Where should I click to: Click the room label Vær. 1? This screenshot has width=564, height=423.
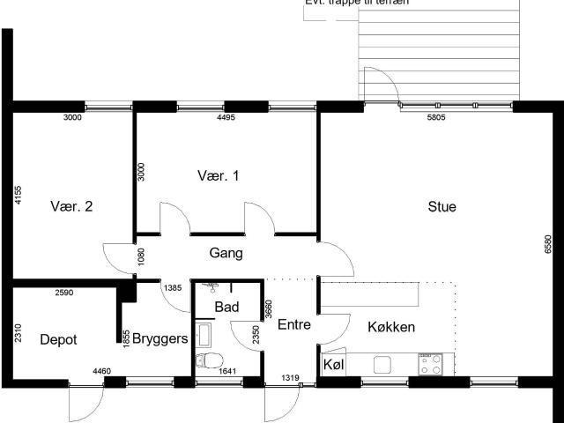click(x=218, y=175)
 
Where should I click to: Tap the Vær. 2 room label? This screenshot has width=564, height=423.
click(x=72, y=207)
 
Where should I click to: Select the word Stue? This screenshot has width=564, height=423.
click(x=442, y=207)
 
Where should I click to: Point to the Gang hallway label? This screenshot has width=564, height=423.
click(x=226, y=253)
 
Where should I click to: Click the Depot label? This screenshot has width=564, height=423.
click(x=58, y=339)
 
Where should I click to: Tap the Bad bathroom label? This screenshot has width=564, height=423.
click(x=226, y=308)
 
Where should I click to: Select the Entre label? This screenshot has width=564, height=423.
click(x=294, y=324)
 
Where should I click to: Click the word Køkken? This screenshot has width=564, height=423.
click(x=391, y=327)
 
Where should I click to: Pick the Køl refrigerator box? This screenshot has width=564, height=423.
click(x=333, y=364)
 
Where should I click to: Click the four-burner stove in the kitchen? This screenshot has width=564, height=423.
click(x=430, y=364)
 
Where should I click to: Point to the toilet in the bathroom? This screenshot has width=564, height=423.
click(x=210, y=360)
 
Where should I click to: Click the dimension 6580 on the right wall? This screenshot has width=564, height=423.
click(x=548, y=244)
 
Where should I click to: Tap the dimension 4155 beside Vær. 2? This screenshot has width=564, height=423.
click(x=17, y=194)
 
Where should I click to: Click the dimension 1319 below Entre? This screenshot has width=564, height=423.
click(x=291, y=378)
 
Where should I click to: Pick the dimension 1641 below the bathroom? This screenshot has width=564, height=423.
click(x=228, y=371)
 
